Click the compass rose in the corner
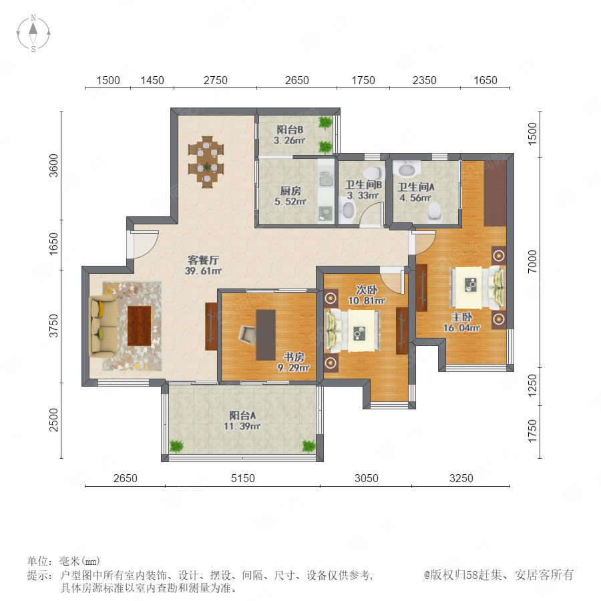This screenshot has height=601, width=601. (33, 33)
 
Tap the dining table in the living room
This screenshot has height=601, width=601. (206, 162)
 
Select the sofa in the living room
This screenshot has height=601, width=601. (102, 326)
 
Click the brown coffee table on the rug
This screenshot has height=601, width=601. (139, 326)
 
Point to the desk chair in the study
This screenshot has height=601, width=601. (247, 334)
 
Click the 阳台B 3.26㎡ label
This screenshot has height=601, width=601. (290, 136)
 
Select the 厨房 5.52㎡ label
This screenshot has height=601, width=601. (290, 196)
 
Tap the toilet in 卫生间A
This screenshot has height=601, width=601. (434, 212)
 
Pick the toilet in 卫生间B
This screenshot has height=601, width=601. (348, 211)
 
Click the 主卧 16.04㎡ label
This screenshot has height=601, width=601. (462, 323)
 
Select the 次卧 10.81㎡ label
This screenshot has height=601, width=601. (366, 295)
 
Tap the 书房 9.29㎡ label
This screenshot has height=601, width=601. (294, 363)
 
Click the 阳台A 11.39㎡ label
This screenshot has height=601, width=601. (242, 421)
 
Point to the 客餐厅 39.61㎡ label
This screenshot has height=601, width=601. (203, 265)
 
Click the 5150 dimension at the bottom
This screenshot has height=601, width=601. (243, 478)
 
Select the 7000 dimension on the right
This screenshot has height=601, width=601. (532, 261)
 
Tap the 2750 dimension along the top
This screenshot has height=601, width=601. (216, 80)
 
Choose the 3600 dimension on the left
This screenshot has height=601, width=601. (54, 166)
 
